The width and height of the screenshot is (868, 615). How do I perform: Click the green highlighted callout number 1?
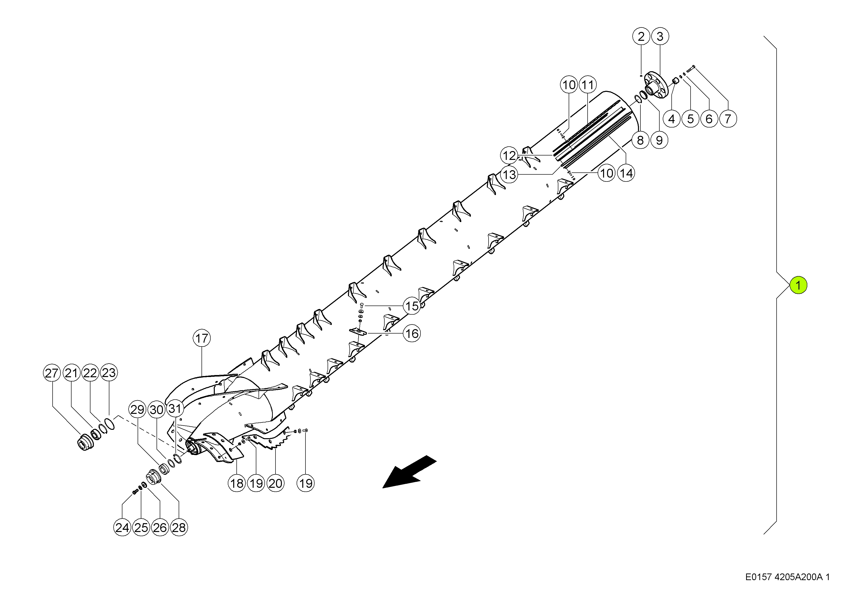(798, 285)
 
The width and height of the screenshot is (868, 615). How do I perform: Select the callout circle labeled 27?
(52, 373)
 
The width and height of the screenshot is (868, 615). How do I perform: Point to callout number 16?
(412, 334)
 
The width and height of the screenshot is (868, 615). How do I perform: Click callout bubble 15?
(412, 306)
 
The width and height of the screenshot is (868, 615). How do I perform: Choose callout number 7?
(727, 119)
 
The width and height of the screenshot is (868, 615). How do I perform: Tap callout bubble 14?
(626, 173)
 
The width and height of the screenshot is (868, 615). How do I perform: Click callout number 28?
(179, 528)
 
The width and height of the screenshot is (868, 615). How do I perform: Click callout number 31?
(175, 409)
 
